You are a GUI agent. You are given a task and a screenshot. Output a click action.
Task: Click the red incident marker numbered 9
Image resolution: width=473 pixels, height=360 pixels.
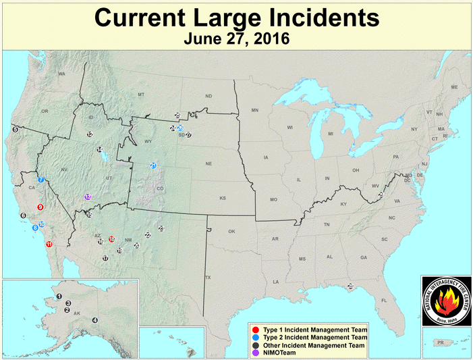coord(40,207)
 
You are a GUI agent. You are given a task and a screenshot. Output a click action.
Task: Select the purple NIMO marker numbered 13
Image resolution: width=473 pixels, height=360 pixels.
coord(88,197)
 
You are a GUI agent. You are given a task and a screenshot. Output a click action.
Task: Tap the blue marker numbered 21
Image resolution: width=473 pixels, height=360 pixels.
coord(153,165)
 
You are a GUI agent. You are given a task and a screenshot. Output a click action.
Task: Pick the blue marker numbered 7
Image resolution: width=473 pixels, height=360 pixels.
coord(41,180)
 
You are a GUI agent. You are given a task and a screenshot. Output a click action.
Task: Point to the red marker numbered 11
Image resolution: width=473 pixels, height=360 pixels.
coord(49,243)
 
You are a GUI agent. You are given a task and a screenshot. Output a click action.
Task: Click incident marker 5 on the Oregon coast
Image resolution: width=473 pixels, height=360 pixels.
coord(15,128)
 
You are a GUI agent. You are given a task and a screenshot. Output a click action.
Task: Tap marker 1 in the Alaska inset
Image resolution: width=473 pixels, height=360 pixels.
coord(59,296)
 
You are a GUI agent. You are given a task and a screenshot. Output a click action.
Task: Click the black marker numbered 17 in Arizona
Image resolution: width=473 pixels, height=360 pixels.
coord(105,258)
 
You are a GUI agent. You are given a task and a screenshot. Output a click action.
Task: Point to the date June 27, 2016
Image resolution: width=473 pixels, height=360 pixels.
coord(236,38)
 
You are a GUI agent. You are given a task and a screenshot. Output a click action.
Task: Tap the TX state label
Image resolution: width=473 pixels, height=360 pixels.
coord(208,278)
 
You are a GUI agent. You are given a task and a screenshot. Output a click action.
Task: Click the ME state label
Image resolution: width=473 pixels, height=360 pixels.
coord(454,87)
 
